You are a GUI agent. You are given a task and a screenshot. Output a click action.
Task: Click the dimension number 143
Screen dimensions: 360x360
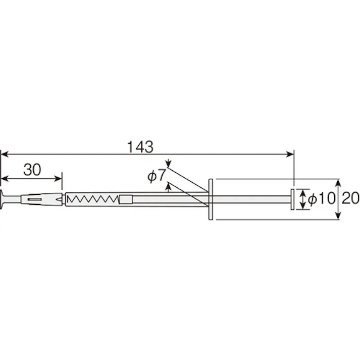click(x=140, y=147)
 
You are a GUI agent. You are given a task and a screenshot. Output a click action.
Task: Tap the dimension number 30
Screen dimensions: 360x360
click(x=32, y=170)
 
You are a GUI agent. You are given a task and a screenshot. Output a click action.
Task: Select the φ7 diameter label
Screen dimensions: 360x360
click(x=157, y=176)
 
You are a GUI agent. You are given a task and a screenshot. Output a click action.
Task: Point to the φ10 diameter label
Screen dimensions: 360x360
click(x=322, y=198)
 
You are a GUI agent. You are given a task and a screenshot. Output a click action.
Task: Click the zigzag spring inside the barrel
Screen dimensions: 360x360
click(x=92, y=199)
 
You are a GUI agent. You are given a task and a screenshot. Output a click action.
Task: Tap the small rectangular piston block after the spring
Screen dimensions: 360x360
click(x=126, y=199)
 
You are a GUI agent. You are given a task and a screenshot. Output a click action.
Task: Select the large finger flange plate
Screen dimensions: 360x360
click(x=211, y=199)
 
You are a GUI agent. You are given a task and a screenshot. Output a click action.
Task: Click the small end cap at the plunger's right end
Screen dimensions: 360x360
click(x=292, y=199)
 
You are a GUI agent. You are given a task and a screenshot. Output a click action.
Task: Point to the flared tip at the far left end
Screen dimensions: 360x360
click(x=2, y=199)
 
